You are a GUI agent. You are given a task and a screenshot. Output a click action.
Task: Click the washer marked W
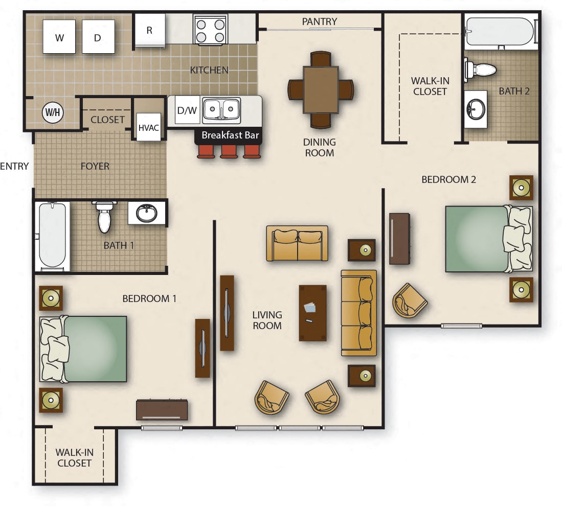pos(59,37)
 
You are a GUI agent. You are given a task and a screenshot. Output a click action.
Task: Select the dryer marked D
pos(98,37)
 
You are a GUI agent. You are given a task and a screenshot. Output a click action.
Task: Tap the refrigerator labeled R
pos(150,30)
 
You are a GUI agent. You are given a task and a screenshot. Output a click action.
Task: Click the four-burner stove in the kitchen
pos(210,30)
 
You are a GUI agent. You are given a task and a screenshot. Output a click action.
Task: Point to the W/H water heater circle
pos(53,112)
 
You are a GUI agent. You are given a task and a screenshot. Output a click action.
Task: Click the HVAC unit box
pos(148,128)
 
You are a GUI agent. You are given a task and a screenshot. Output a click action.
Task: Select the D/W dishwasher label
pos(187,110)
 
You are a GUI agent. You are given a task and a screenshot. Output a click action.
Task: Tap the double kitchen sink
pos(221,110)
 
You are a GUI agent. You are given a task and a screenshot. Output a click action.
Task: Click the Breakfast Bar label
pos(230,135)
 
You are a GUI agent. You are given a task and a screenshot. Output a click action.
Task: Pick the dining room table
pos(321,89)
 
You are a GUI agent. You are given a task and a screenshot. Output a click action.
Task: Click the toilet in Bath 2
pos(480,69)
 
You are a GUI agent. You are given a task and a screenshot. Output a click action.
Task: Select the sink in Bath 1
pos(147,213)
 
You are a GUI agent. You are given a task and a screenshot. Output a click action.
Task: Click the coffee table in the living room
pos(312,313)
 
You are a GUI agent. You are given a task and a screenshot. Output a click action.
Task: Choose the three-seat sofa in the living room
pos(359,313)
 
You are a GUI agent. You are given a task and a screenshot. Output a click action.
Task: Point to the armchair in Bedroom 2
pos(409,301)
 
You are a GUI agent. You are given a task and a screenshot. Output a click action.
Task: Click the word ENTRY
pos(14,166)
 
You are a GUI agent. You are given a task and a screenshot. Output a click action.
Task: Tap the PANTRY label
pos(319,21)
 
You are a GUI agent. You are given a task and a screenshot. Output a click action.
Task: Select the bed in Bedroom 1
pos(83,349)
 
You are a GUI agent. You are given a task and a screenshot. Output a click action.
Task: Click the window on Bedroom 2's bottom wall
pos(461,326)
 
